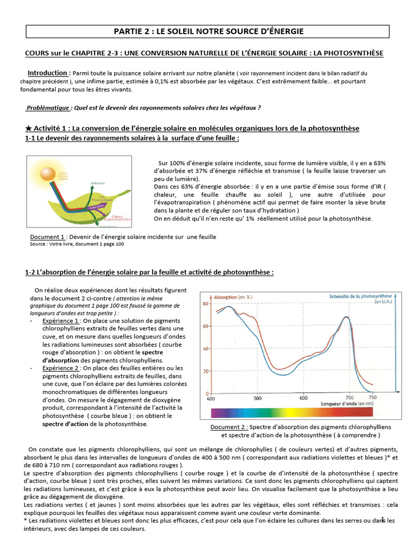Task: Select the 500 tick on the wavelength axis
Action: pyautogui.click(x=258, y=398)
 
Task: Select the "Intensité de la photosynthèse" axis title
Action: pyautogui.click(x=360, y=296)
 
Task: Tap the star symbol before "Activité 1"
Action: pyautogui.click(x=29, y=129)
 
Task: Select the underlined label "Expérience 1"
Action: pyautogui.click(x=61, y=321)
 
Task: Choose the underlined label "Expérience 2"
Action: pyautogui.click(x=61, y=368)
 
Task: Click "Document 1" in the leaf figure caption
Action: pyautogui.click(x=48, y=237)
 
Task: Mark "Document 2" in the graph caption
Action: pyautogui.click(x=228, y=427)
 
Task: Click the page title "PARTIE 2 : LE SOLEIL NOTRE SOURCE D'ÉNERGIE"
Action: pyautogui.click(x=209, y=32)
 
